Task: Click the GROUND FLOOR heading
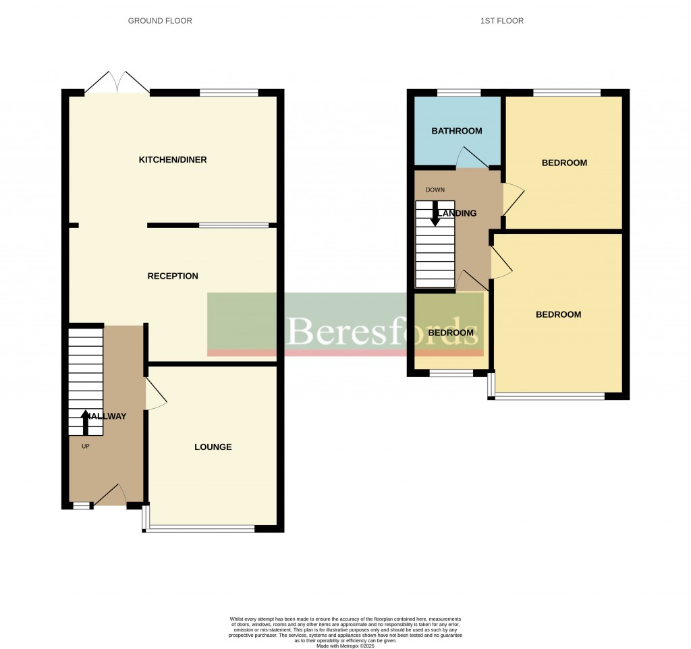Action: point(160,21)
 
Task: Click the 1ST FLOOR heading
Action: point(501,21)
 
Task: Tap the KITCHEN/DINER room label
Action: point(173,160)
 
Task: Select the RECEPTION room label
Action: point(173,276)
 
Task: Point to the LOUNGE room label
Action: point(213,447)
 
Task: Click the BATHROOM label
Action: point(457,131)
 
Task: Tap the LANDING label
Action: point(457,213)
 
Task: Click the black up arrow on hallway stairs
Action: point(85,422)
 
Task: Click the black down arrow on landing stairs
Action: point(435,214)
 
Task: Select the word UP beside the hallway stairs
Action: point(85,446)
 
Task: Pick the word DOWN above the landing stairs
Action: point(435,190)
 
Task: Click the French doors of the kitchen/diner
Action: point(117,84)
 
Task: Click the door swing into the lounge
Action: point(156,394)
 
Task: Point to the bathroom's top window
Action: point(459,92)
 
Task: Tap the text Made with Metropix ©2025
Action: point(345,646)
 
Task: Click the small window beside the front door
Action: point(82,505)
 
